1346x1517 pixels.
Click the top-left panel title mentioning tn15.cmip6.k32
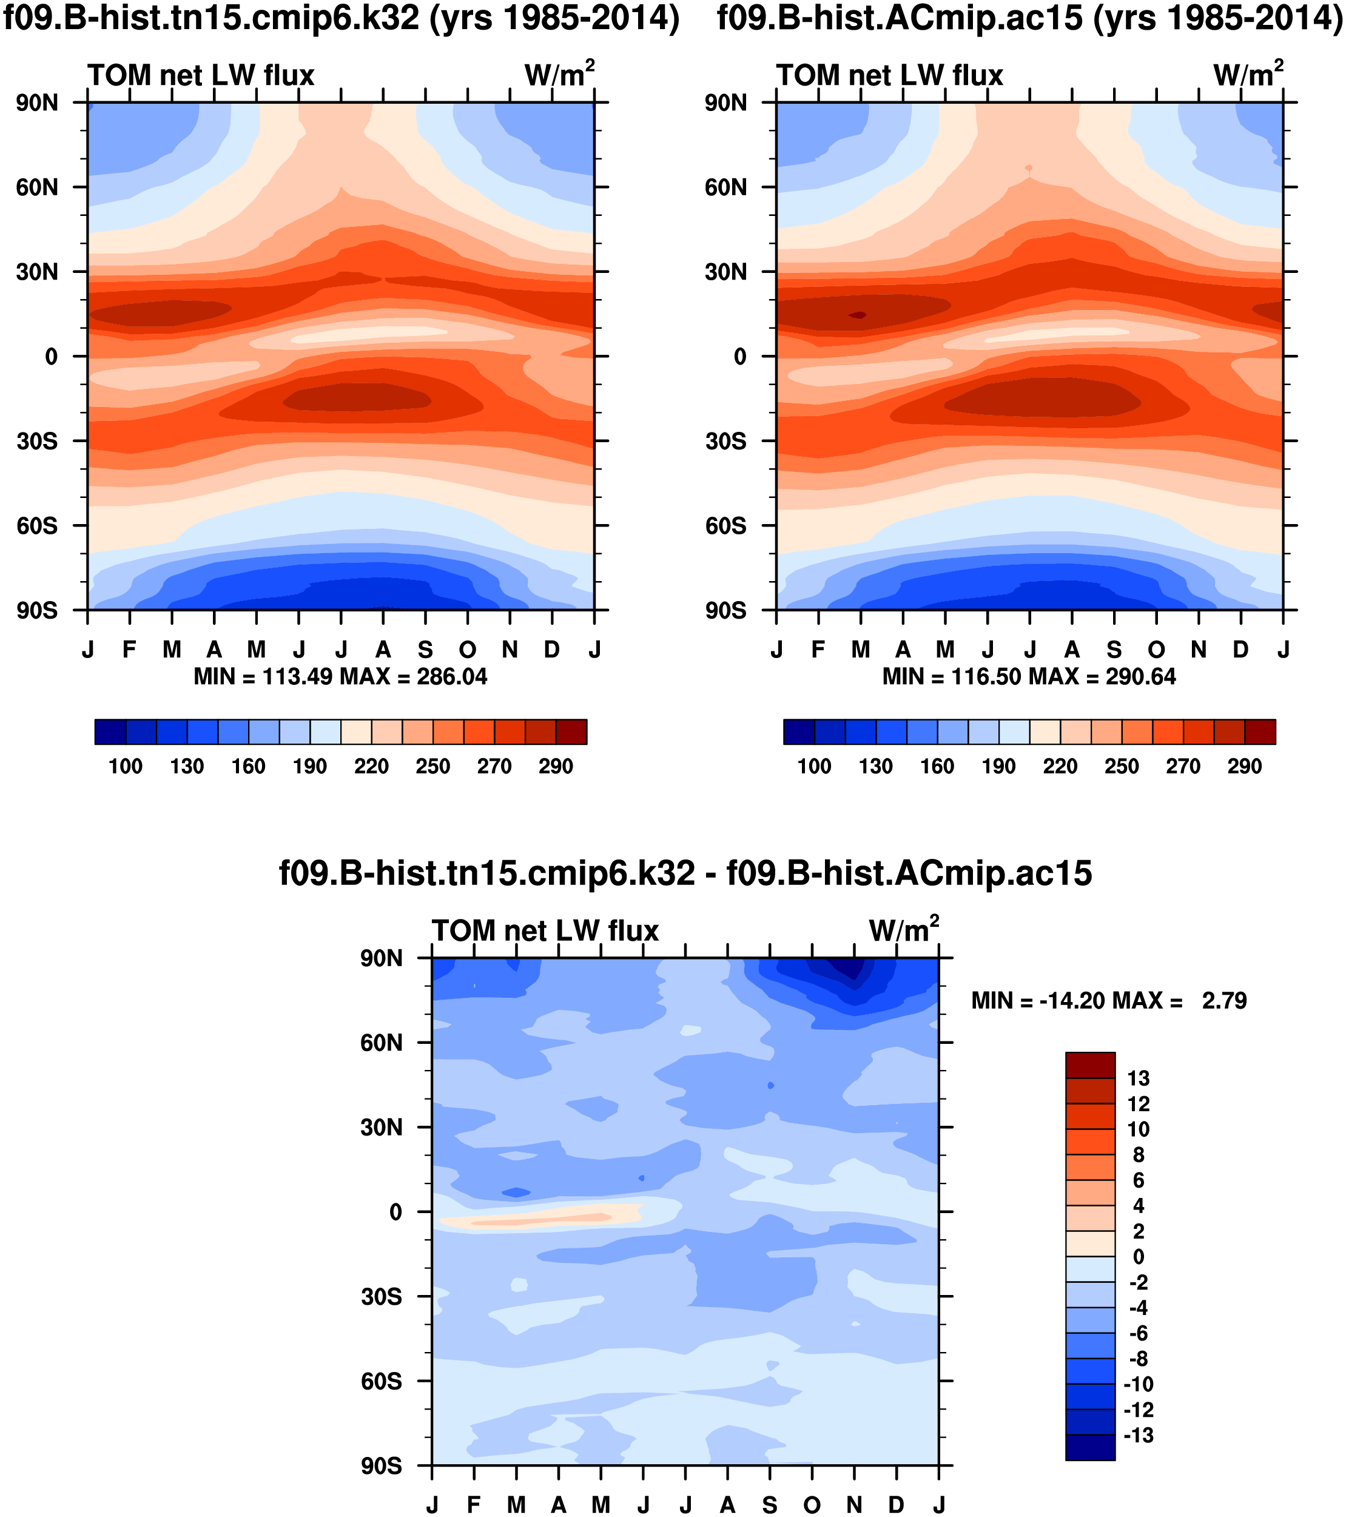[x=342, y=18]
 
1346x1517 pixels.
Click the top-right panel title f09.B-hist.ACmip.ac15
[x=1029, y=18]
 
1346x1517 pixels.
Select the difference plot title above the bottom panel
[x=685, y=873]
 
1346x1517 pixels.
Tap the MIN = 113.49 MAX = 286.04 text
[x=340, y=677]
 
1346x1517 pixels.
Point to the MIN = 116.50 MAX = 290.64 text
[x=1029, y=677]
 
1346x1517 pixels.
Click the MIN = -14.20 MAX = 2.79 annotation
[x=1109, y=1001]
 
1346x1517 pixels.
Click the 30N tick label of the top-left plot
[x=37, y=272]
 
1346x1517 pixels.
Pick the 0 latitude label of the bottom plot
[x=395, y=1212]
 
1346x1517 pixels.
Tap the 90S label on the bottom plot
[x=382, y=1467]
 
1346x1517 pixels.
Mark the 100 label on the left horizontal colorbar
[x=126, y=767]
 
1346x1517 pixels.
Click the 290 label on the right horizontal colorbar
[x=1244, y=767]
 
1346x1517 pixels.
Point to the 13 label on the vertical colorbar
[x=1137, y=1079]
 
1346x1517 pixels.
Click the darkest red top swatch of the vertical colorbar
[x=1090, y=1065]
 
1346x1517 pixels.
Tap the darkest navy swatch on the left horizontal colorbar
[x=110, y=732]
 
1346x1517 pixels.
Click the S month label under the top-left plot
[x=425, y=650]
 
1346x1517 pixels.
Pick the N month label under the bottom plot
[x=854, y=1505]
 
